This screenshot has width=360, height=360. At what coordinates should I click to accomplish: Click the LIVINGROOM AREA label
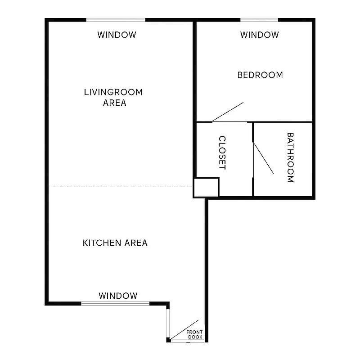point(113,97)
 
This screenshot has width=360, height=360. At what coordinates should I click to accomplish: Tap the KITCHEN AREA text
point(115,243)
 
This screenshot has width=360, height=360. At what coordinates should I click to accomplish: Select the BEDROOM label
point(260,75)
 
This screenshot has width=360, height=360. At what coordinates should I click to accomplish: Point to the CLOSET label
point(222,153)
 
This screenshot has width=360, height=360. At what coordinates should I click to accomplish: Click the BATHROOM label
point(290,157)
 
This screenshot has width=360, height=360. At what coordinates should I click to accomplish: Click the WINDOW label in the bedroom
point(259,35)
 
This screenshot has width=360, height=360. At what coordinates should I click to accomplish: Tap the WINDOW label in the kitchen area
point(118,296)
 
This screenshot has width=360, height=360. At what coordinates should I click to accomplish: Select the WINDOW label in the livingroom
point(117,35)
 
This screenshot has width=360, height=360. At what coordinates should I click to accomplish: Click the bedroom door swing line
point(228,112)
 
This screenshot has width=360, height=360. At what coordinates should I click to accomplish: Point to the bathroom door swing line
point(264,158)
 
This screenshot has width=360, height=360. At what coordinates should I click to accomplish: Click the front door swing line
point(185,329)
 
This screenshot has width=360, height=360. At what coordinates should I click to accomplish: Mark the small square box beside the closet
point(206,187)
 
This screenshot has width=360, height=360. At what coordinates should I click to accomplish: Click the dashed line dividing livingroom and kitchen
point(121,186)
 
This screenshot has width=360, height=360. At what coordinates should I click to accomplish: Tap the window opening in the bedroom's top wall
point(259,20)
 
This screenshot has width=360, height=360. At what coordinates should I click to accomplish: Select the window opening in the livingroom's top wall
point(116,20)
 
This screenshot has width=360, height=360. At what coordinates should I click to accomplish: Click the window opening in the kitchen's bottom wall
point(115,303)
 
